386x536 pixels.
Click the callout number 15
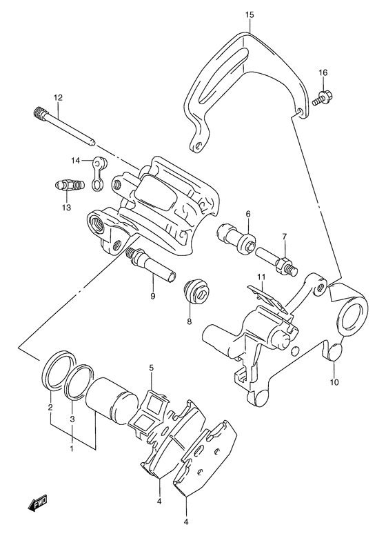pos(249,14)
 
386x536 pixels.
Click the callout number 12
pos(58,97)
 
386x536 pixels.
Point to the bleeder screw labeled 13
pos(68,186)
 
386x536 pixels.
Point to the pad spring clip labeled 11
pos(272,301)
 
